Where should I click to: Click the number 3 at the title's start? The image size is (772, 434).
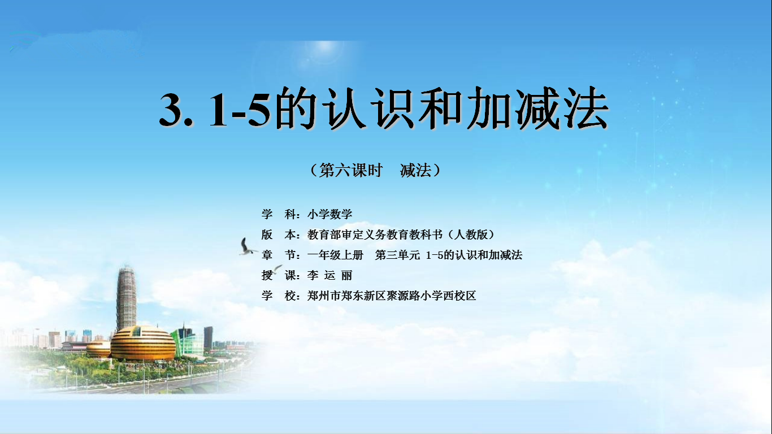pyautogui.click(x=171, y=110)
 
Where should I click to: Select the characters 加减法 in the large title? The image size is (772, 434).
pyautogui.click(x=537, y=108)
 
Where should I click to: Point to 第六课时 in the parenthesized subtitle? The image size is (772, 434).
pyautogui.click(x=351, y=170)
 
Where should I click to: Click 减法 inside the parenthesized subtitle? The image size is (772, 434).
pyautogui.click(x=415, y=170)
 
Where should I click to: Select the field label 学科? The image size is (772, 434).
pyautogui.click(x=279, y=214)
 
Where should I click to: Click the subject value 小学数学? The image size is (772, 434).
pyautogui.click(x=330, y=214)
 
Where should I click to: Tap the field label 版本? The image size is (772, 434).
pyautogui.click(x=279, y=235)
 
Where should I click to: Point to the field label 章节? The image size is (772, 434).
pyautogui.click(x=279, y=255)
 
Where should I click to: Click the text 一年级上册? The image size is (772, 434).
pyautogui.click(x=335, y=255)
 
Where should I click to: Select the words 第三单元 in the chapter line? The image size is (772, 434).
pyautogui.click(x=397, y=255)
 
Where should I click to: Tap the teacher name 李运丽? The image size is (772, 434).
pyautogui.click(x=330, y=275)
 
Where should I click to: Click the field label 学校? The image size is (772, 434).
pyautogui.click(x=279, y=296)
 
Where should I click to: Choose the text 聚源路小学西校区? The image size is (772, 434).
pyautogui.click(x=431, y=296)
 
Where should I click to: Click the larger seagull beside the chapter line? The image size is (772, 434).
pyautogui.click(x=247, y=247)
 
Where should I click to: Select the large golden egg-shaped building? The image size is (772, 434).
pyautogui.click(x=143, y=344)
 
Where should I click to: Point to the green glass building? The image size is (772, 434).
pyautogui.click(x=188, y=341)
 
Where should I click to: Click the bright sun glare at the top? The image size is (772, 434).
pyautogui.click(x=324, y=53)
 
